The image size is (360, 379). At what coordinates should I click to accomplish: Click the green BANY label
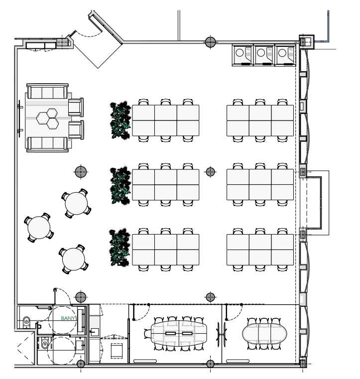[68, 318]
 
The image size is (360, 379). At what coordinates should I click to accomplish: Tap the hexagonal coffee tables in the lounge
[47, 119]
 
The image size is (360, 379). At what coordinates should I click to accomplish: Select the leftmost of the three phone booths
[242, 55]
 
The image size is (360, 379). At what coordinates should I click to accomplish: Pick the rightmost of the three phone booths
[285, 55]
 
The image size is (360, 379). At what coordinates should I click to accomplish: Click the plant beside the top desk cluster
[120, 121]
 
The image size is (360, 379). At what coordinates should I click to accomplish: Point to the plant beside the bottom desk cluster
[120, 247]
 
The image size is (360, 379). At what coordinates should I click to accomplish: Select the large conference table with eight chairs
[179, 333]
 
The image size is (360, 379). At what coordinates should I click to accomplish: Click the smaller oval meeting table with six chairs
[264, 334]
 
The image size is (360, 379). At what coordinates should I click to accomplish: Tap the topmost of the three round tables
[76, 204]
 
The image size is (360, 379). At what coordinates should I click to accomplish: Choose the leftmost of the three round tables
[39, 228]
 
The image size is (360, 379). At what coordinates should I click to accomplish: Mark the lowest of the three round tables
[74, 259]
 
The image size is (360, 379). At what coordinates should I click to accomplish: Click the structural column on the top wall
[210, 42]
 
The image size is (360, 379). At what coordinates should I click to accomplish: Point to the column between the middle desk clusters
[210, 172]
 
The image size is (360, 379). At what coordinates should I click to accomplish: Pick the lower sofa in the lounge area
[47, 144]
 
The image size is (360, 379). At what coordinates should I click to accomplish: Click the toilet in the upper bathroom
[26, 322]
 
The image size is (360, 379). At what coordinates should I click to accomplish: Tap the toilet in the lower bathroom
[45, 343]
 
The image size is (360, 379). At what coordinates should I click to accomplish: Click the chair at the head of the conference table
[148, 334]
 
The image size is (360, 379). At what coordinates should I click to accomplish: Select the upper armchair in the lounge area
[76, 107]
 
